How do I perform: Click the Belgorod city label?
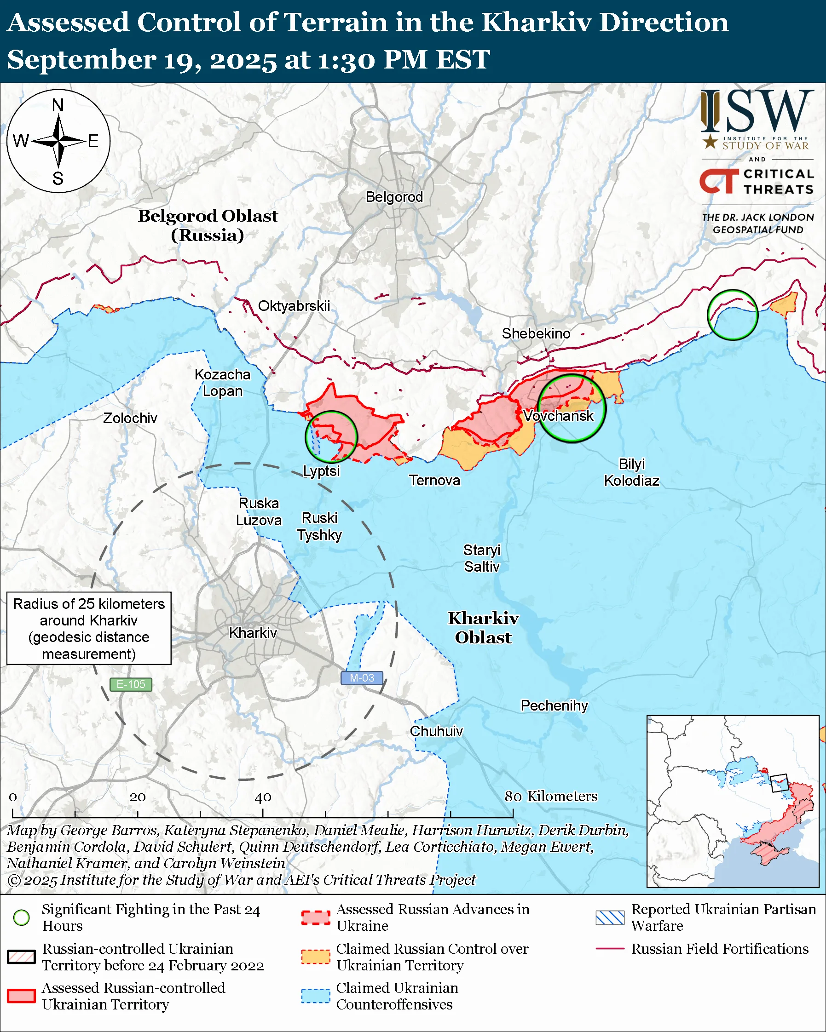pyautogui.click(x=394, y=197)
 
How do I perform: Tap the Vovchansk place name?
pyautogui.click(x=558, y=415)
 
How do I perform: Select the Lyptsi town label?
pyautogui.click(x=321, y=471)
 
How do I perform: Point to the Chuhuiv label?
pyautogui.click(x=436, y=731)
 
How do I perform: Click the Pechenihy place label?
pyautogui.click(x=554, y=705)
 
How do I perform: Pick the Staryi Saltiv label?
pyautogui.click(x=482, y=558)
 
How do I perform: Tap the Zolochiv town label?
pyautogui.click(x=130, y=418)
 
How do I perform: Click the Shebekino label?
pyautogui.click(x=536, y=333)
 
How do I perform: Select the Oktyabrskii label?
pyautogui.click(x=294, y=306)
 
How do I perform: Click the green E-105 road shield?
pyautogui.click(x=131, y=684)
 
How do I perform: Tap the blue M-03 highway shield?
pyautogui.click(x=362, y=678)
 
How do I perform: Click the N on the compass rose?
pyautogui.click(x=58, y=105)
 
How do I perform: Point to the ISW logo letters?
pyautogui.click(x=758, y=112)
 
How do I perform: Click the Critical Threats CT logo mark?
pyautogui.click(x=718, y=181)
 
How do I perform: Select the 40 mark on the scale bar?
pyautogui.click(x=263, y=797)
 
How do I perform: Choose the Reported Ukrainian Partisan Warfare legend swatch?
pyautogui.click(x=610, y=917)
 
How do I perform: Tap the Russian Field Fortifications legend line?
pyautogui.click(x=610, y=948)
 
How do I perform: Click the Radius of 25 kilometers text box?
pyautogui.click(x=89, y=629)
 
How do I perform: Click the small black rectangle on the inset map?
pyautogui.click(x=780, y=783)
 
